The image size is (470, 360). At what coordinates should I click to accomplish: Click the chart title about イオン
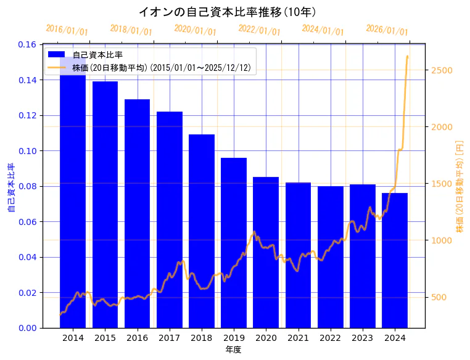(228, 12)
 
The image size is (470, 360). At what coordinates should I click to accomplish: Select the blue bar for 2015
(105, 203)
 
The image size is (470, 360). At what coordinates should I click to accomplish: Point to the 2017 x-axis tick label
(169, 338)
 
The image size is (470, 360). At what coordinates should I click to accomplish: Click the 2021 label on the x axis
(298, 338)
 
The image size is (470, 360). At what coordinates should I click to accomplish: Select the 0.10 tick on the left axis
(27, 151)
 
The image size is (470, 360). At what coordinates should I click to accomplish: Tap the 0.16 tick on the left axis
(27, 45)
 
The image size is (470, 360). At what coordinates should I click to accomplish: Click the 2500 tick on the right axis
(441, 70)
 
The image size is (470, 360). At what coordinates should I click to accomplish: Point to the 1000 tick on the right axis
(441, 240)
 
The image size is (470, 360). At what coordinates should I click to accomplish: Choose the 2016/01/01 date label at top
(67, 30)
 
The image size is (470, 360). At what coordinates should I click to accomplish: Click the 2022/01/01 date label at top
(259, 30)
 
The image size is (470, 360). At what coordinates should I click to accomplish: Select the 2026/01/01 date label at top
(387, 30)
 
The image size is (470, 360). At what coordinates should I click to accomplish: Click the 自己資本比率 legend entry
(97, 55)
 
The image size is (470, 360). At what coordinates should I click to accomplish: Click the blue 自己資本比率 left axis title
(10, 188)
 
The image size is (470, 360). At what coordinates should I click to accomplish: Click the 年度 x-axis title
(233, 350)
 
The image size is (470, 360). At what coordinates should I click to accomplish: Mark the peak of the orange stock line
(407, 56)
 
